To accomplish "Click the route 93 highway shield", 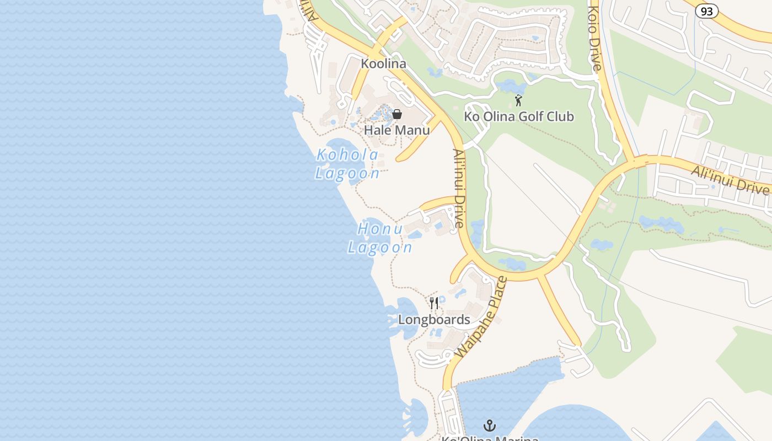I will (x=706, y=10).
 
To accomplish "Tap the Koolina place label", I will (x=383, y=63).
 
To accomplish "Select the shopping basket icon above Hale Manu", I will (x=396, y=114).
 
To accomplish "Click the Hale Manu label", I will (x=396, y=130).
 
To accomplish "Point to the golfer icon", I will (x=518, y=100).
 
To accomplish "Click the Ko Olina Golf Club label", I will (x=518, y=116).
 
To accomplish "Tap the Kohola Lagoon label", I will (x=347, y=164).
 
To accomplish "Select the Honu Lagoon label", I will (x=380, y=237).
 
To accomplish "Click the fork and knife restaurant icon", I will (x=434, y=303).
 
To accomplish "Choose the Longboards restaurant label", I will (x=434, y=320).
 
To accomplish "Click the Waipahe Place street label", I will (x=481, y=318).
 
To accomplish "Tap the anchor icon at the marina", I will (x=489, y=425).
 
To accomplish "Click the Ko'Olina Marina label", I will (x=489, y=438).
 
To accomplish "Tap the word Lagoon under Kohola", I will (x=347, y=174).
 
